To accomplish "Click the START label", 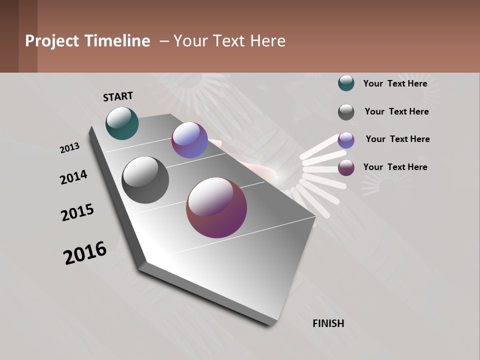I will (118, 96).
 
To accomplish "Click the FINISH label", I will (328, 323).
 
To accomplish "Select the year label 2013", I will (69, 148).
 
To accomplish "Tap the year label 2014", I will (73, 177).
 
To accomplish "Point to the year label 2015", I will (77, 213).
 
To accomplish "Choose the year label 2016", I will (85, 253).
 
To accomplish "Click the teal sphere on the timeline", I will (122, 123).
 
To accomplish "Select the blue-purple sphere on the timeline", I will (189, 140).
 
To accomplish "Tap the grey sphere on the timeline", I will (145, 180).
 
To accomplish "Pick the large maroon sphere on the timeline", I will (216, 207).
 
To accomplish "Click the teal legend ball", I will (346, 83).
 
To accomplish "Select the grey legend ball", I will (346, 112).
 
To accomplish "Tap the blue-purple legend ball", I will (346, 140).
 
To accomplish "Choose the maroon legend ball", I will (346, 167).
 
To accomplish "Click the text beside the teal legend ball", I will (395, 83).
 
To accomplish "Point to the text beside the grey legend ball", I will (396, 111).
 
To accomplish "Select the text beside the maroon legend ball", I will (395, 167).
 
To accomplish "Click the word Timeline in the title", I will (117, 41).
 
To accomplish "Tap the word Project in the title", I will (52, 41).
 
